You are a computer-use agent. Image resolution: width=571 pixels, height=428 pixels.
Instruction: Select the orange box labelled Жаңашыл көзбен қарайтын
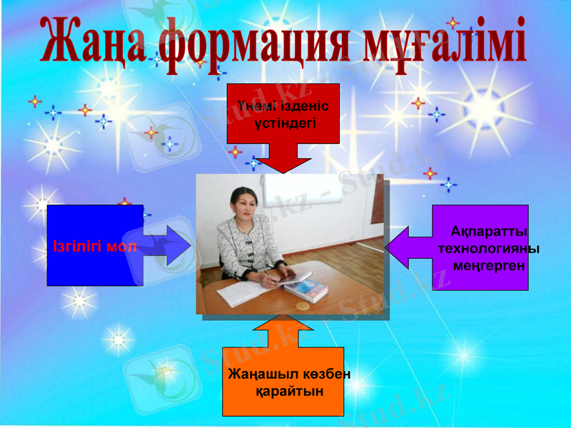[x=283, y=382]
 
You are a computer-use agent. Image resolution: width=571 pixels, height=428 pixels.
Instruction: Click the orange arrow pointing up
[x=283, y=330]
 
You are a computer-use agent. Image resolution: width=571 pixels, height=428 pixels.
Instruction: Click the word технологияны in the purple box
[x=488, y=248]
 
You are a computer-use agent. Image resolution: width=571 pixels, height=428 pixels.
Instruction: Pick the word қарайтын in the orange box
[x=289, y=392]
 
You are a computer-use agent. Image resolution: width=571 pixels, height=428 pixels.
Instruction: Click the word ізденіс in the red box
[x=303, y=106]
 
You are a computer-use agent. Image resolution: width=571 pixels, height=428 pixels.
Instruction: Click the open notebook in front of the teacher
[x=246, y=291]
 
